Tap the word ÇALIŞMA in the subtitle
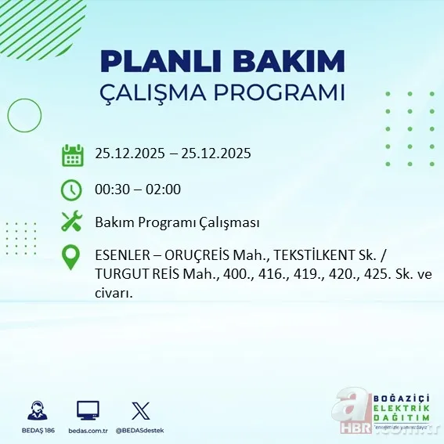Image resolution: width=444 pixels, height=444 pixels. coord(162,92)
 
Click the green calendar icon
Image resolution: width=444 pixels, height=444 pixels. coord(72,154)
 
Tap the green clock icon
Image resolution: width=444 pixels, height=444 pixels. coord(71,190)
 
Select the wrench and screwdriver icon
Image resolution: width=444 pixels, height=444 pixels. coord(71,222)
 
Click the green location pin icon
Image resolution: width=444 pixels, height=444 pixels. coord(71,258)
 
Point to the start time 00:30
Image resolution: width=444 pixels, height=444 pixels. coord(111,190)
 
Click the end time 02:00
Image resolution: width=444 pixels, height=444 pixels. coord(164,190)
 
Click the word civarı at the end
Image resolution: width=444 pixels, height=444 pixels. coord(114,294)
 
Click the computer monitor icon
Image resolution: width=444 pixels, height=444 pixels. coord(88,410)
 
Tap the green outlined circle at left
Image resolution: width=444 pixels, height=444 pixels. coord(24,116)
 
